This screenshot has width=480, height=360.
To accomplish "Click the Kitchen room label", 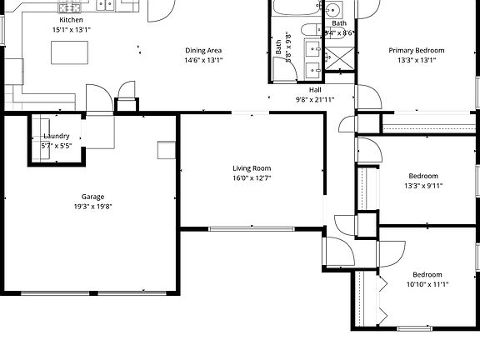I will (x=71, y=19).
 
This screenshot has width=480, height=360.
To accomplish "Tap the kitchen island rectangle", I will (x=70, y=52).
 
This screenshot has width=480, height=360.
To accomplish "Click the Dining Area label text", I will (x=203, y=50).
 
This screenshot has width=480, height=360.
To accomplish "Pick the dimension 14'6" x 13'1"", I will (x=203, y=60).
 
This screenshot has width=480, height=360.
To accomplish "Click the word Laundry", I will (x=56, y=136).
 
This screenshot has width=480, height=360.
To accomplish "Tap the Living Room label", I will (x=252, y=168).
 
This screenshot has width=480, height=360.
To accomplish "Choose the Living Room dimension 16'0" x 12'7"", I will (x=252, y=178).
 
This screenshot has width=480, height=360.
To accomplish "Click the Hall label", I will (x=315, y=89).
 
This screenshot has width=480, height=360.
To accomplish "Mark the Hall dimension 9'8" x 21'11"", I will (x=315, y=99).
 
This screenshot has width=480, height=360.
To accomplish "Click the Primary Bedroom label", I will (x=417, y=50).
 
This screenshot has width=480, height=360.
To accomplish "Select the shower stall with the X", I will (x=339, y=58).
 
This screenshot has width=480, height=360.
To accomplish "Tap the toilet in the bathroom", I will (x=332, y=10).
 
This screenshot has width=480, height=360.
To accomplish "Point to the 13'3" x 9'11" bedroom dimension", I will (x=422, y=186).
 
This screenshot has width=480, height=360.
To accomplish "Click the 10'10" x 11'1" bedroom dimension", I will (x=427, y=284).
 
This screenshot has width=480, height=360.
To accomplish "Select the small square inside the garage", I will (x=167, y=149).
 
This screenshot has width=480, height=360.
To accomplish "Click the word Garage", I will (x=92, y=197).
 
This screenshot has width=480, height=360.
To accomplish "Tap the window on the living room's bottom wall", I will (x=251, y=228).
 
